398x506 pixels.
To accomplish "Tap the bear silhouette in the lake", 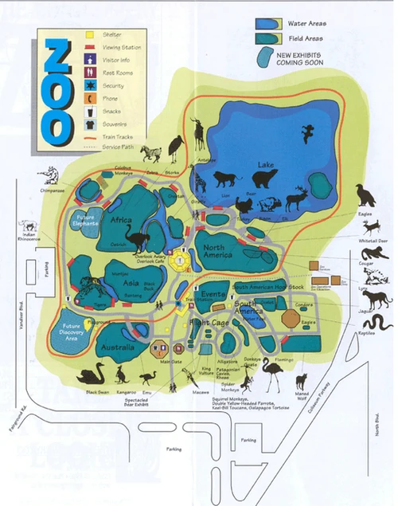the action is [x=252, y=179].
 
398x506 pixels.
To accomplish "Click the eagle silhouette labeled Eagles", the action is [x=365, y=194].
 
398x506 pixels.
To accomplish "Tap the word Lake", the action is [x=264, y=165].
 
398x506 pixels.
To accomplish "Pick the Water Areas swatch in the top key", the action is [x=269, y=24].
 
